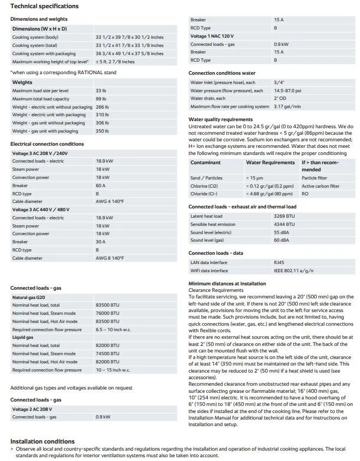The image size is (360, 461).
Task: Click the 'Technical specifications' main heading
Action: (45, 7)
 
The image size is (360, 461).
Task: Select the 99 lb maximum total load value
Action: (100, 99)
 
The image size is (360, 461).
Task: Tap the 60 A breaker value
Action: (101, 185)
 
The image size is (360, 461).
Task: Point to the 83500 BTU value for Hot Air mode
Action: (107, 321)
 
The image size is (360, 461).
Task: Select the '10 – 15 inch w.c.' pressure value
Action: (112, 370)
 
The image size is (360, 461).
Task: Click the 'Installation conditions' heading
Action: (43, 441)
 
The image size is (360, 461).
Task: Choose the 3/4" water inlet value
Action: (278, 82)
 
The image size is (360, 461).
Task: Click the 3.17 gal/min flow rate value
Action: (287, 106)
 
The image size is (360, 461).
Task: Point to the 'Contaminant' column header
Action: (206, 163)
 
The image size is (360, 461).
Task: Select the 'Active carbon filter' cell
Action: (320, 186)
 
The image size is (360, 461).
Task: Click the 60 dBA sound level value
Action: (280, 240)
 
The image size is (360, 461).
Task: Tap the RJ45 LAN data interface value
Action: (279, 262)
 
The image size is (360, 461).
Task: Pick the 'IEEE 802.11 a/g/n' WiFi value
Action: (293, 271)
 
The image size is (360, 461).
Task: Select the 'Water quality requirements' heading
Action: (220, 119)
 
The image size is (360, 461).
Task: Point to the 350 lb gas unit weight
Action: (101, 131)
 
